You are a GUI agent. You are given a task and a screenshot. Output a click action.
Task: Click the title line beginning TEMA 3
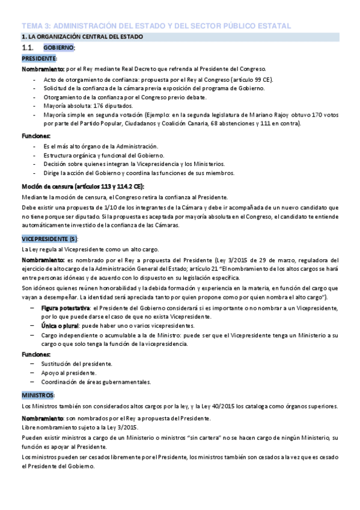tap(156, 26)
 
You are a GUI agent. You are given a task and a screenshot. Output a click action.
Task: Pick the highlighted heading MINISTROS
tap(38, 395)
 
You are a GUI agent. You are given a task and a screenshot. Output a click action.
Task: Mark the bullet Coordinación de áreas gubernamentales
tap(96, 382)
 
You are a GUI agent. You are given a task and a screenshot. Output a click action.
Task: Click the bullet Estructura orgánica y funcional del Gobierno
tap(100, 155)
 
